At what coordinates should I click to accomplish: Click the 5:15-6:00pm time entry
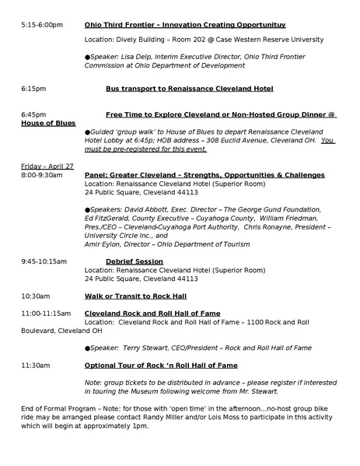[x=42, y=25]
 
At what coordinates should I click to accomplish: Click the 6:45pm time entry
[x=33, y=114]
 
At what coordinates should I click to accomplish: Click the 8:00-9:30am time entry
[x=42, y=176]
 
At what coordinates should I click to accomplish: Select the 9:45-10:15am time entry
[x=44, y=261]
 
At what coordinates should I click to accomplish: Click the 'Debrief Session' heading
[x=134, y=261]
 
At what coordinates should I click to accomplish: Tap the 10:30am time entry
[x=36, y=296]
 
